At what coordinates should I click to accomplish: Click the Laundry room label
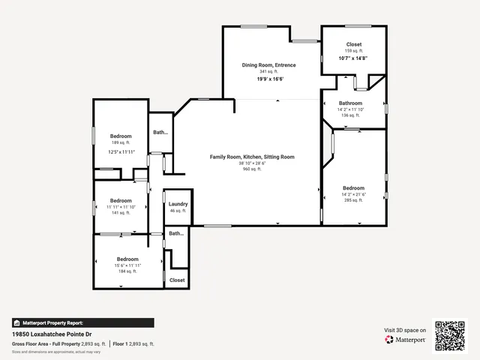178,204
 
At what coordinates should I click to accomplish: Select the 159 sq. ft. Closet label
353,44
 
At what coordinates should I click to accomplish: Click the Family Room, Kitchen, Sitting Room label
251,157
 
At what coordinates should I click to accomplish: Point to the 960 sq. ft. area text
251,169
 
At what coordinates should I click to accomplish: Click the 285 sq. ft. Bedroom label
353,187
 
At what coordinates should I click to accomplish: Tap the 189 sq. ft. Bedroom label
121,136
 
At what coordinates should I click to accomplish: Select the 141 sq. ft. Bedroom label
121,200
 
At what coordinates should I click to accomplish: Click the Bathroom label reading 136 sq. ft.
350,103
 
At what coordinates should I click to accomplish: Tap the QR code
450,335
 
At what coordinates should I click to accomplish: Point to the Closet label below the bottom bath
177,280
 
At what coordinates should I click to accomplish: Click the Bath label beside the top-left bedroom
160,132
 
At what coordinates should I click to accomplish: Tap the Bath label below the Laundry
175,233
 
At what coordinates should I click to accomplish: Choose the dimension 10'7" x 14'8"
353,58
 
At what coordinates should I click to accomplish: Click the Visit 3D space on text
405,330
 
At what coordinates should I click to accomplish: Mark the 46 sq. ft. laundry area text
178,211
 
